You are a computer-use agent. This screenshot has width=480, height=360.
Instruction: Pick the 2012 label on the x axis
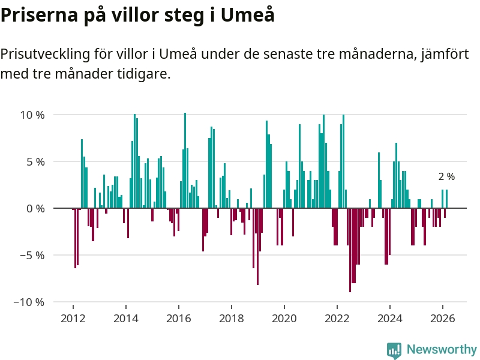(73, 318)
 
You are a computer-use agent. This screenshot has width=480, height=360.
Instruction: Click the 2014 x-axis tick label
(126, 318)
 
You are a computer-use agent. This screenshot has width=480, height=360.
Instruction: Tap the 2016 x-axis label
(179, 318)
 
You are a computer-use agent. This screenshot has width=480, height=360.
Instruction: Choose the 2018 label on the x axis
(232, 318)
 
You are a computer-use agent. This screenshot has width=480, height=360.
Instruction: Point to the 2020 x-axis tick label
(284, 318)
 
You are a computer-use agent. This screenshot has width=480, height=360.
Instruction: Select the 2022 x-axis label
(337, 318)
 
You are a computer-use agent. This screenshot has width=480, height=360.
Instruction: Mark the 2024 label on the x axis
(390, 318)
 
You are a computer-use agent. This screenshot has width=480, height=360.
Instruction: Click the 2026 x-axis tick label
(443, 318)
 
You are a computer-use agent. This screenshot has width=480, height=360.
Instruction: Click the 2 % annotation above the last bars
(446, 177)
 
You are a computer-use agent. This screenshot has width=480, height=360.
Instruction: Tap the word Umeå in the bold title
(248, 15)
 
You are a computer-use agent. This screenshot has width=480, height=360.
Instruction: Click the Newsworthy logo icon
(394, 350)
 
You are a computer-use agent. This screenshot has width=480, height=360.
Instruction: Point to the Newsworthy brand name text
(442, 349)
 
